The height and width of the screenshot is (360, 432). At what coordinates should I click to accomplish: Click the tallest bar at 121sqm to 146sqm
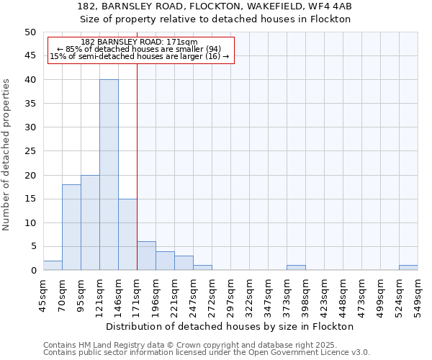click(109, 175)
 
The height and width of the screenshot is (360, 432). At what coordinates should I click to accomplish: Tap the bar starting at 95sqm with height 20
click(90, 222)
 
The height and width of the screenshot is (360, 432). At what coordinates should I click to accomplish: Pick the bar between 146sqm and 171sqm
click(127, 235)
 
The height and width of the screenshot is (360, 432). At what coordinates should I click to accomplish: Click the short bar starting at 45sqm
click(53, 266)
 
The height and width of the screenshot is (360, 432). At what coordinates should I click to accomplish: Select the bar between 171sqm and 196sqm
click(146, 256)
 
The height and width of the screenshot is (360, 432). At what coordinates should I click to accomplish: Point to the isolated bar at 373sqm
click(296, 268)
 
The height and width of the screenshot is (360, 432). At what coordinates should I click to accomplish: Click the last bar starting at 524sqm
click(408, 268)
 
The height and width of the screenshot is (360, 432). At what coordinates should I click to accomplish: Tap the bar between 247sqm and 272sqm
click(202, 268)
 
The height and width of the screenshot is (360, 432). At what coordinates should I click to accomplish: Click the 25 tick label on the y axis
click(30, 151)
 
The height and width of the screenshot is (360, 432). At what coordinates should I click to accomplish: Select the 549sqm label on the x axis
click(418, 296)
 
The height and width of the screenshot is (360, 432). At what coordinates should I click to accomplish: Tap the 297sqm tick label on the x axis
click(230, 296)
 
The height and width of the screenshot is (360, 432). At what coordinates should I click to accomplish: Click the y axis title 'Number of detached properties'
click(6, 155)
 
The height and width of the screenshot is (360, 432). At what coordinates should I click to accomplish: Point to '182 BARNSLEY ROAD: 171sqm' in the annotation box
click(139, 42)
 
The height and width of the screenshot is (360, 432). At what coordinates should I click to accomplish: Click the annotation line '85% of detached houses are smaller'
click(139, 49)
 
